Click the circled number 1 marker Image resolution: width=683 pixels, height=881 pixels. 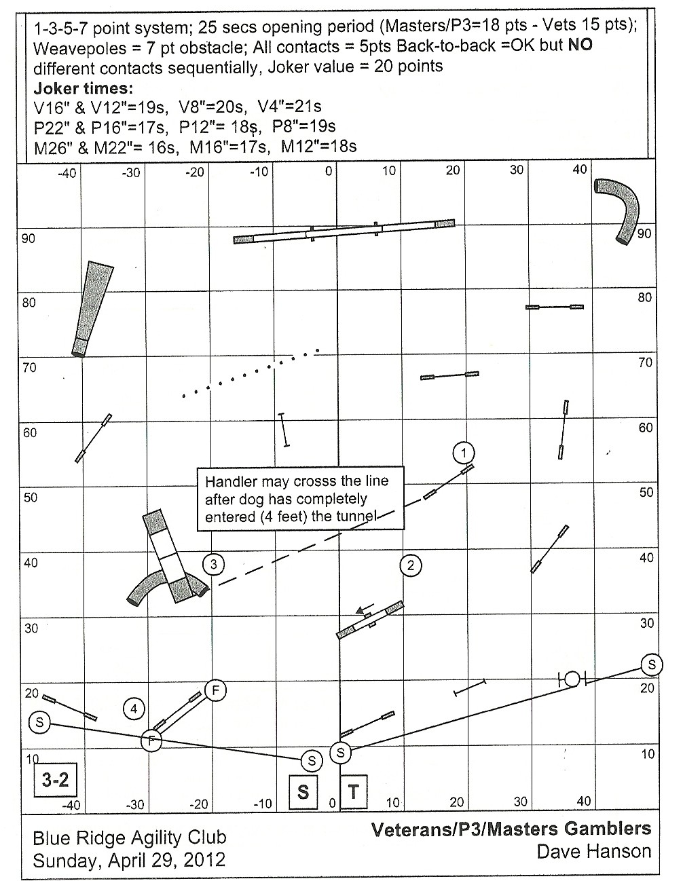tap(463, 453)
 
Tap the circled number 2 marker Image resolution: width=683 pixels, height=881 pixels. tap(410, 565)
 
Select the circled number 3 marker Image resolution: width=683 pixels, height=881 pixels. tap(213, 564)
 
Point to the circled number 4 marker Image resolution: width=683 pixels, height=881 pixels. tap(134, 709)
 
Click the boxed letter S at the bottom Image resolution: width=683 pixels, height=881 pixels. tap(303, 791)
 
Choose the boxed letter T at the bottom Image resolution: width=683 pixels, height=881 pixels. tap(353, 791)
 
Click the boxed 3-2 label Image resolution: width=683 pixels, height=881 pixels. tap(56, 780)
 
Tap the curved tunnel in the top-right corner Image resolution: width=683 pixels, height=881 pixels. tap(620, 207)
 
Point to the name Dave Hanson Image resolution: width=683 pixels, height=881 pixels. tap(593, 850)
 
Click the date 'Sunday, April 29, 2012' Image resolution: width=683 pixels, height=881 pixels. tap(129, 860)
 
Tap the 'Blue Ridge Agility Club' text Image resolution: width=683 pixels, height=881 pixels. tap(129, 838)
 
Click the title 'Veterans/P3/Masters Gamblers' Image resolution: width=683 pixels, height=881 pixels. tap(511, 829)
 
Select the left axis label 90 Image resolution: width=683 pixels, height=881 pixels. tap(29, 239)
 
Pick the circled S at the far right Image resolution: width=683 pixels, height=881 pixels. tap(651, 664)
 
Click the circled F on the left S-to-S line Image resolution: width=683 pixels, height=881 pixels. tap(151, 739)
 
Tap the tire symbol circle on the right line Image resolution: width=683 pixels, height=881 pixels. tap(572, 678)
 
